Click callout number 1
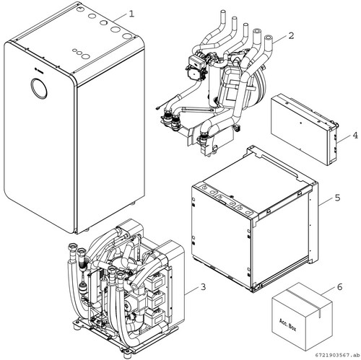coord(131,14)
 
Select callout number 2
coord(291,36)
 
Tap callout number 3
coord(204,287)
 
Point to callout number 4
coord(355,136)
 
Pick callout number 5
coord(337,198)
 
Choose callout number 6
coord(339,287)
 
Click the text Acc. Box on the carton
coord(287,325)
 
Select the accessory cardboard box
coord(303,316)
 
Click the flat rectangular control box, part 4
coord(305,130)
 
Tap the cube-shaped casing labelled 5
coord(255,219)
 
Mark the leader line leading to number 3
coord(193,291)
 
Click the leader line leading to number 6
coord(329,290)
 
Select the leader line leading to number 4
coord(344,139)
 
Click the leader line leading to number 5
coord(326,202)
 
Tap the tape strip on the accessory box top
coord(305,302)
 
